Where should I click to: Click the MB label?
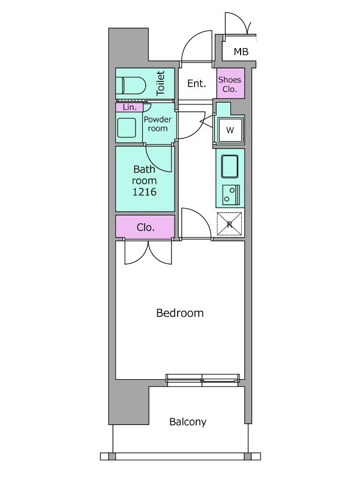pyautogui.click(x=241, y=52)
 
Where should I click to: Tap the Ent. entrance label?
pyautogui.click(x=196, y=83)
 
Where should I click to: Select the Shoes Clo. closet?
pyautogui.click(x=230, y=83)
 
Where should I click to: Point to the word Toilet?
pyautogui.click(x=161, y=83)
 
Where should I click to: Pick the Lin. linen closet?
pyautogui.click(x=129, y=107)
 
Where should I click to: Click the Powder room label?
pyautogui.click(x=158, y=124)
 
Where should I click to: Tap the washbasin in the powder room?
pyautogui.click(x=127, y=128)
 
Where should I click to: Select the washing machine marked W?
pyautogui.click(x=230, y=130)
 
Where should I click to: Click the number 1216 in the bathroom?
pyautogui.click(x=144, y=192)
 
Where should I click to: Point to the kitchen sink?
pyautogui.click(x=230, y=166)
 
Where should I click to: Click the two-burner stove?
pyautogui.click(x=231, y=194)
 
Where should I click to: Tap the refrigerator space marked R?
pyautogui.click(x=229, y=224)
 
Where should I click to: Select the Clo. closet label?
pyautogui.click(x=145, y=227)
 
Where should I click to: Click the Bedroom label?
pyautogui.click(x=179, y=313)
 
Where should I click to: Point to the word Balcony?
pyautogui.click(x=188, y=422)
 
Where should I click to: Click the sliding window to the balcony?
pyautogui.click(x=203, y=379)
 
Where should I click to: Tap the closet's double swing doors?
pyautogui.click(x=148, y=252)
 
